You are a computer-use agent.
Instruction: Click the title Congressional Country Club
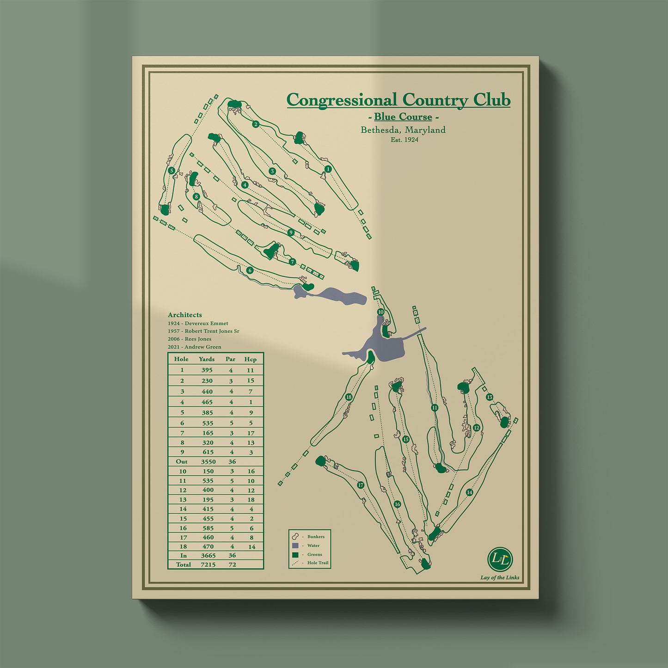pos(398,100)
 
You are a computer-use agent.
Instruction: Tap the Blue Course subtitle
pos(403,117)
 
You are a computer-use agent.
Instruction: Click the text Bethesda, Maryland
pos(403,130)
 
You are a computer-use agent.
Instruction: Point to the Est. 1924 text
pos(404,140)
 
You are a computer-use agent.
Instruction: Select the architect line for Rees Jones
pos(190,339)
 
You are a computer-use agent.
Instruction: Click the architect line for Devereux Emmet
pos(198,323)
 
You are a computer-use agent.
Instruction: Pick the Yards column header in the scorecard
pos(207,359)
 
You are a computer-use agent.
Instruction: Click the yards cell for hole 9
pos(208,452)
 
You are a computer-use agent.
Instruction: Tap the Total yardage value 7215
pos(208,564)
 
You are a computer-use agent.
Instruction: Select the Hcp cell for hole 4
pos(251,402)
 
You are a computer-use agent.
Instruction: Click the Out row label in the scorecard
pos(182,461)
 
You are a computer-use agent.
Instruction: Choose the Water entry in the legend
pos(313,545)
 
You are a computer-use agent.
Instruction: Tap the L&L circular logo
pos(500,559)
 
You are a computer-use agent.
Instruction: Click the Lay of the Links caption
pos(500,577)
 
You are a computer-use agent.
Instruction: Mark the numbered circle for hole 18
pos(349,397)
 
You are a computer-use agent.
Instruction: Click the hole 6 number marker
pos(250,270)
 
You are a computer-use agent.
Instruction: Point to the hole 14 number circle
pos(469,492)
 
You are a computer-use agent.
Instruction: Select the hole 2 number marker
pos(256,124)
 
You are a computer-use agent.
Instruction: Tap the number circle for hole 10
pos(380,312)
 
